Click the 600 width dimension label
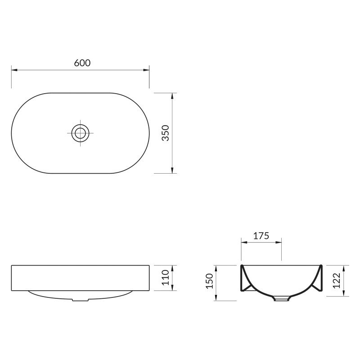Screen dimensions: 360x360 tap(82, 63)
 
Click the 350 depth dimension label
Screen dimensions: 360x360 tap(165, 133)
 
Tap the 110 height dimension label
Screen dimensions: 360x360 tap(165, 278)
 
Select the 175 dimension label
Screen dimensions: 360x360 tap(261, 235)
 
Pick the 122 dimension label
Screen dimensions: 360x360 tap(337, 281)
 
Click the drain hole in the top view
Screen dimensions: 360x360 tap(81, 132)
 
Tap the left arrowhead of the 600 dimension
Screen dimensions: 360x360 tap(14, 70)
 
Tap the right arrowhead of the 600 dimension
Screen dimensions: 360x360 tap(146, 70)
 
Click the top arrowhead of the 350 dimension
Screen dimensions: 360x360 tap(172, 96)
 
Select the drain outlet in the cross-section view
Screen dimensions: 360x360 tap(282, 298)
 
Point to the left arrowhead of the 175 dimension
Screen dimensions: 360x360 tap(244, 242)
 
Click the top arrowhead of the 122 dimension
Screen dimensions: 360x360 tap(344, 268)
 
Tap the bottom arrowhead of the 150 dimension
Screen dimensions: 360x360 tap(217, 297)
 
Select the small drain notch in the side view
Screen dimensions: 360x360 tap(81, 300)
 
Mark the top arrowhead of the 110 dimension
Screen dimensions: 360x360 tap(172, 268)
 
